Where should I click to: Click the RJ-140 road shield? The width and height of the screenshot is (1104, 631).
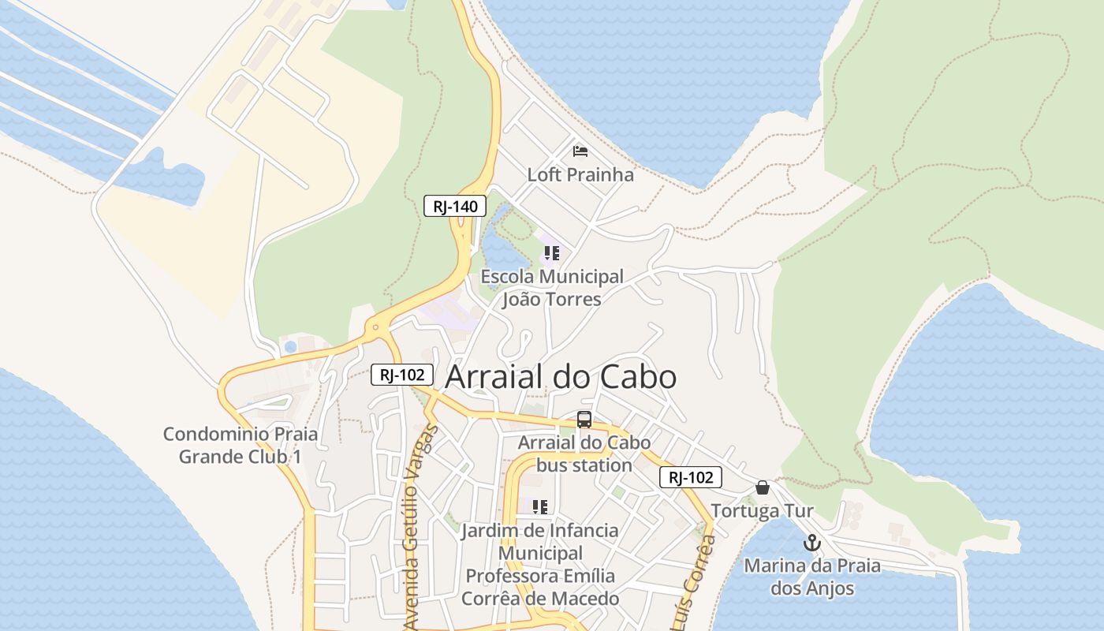tap(455, 207)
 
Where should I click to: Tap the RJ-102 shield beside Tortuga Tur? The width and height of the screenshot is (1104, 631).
tap(691, 477)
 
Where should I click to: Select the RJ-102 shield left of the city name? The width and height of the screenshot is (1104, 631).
tap(402, 375)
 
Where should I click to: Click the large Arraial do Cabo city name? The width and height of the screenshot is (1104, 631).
tap(561, 377)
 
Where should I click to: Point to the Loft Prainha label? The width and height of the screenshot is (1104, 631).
tap(580, 174)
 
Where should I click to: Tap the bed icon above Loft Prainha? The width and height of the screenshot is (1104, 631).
tap(580, 151)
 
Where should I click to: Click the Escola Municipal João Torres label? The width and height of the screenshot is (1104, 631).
tap(552, 288)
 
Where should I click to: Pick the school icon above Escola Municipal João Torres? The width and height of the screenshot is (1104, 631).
tap(552, 253)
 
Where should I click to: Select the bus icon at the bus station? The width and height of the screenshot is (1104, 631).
tap(584, 420)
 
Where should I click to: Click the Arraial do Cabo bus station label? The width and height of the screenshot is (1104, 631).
tap(584, 454)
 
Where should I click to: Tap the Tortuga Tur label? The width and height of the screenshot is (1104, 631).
tap(762, 510)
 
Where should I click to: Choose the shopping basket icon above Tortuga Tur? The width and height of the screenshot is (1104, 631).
tap(762, 487)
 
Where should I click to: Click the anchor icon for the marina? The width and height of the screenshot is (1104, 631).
tap(812, 543)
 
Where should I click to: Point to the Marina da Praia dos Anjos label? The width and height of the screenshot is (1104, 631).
tap(812, 577)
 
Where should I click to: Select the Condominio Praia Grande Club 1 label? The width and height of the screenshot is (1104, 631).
tap(241, 445)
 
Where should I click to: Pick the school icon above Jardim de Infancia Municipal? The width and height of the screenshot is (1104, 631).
tap(540, 506)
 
